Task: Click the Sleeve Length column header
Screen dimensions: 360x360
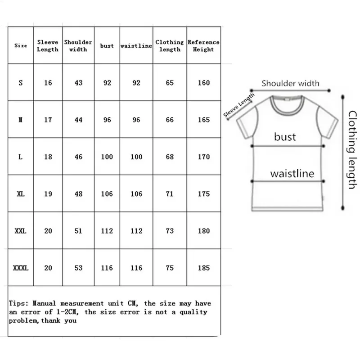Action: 48,45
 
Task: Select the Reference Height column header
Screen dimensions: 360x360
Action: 203,45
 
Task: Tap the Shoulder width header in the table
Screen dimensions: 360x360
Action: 78,45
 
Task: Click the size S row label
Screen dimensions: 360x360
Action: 21,83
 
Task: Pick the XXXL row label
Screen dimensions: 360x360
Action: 21,268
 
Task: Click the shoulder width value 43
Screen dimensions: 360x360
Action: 78,83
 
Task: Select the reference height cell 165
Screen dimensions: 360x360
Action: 203,120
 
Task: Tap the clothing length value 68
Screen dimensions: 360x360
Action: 170,157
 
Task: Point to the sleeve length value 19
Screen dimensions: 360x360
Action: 48,194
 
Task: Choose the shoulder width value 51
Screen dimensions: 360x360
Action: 78,231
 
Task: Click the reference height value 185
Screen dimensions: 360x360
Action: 203,268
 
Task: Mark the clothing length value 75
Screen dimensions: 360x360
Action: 170,268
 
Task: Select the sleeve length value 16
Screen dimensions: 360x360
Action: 48,83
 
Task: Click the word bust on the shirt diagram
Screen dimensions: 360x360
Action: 285,136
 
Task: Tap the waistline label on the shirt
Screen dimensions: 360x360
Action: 292,173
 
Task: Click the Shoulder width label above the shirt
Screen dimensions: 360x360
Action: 291,83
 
